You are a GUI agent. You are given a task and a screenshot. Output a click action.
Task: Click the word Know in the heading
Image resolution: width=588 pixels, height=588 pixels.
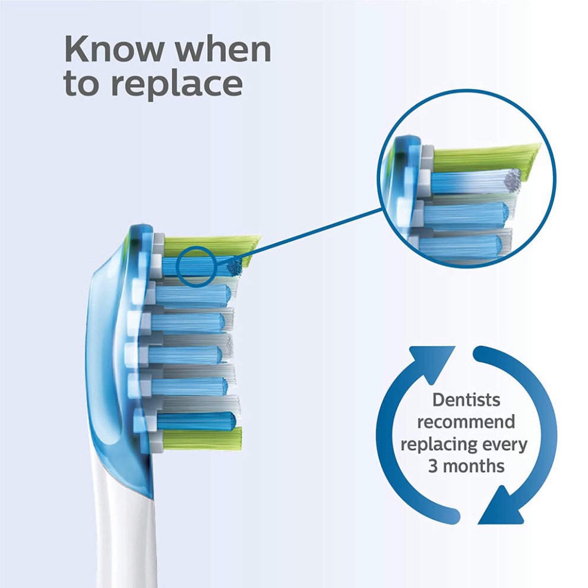pos(113,49)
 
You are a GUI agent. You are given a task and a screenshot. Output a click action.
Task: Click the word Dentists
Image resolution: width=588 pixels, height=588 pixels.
pos(466,400)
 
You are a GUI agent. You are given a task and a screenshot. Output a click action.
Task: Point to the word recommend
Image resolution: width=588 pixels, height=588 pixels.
pos(466,422)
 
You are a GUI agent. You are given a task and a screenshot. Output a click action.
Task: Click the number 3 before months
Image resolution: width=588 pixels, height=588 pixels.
pos(433,465)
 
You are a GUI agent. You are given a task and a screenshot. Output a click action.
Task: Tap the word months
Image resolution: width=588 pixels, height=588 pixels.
pos(475,465)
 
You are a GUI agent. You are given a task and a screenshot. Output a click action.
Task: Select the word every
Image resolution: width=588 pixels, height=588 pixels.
pos(505,444)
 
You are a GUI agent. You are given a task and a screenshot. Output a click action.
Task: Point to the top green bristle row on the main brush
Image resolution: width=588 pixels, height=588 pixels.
pos(214,242)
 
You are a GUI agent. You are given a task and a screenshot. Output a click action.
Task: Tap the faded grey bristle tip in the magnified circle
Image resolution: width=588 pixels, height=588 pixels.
pos(510,176)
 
